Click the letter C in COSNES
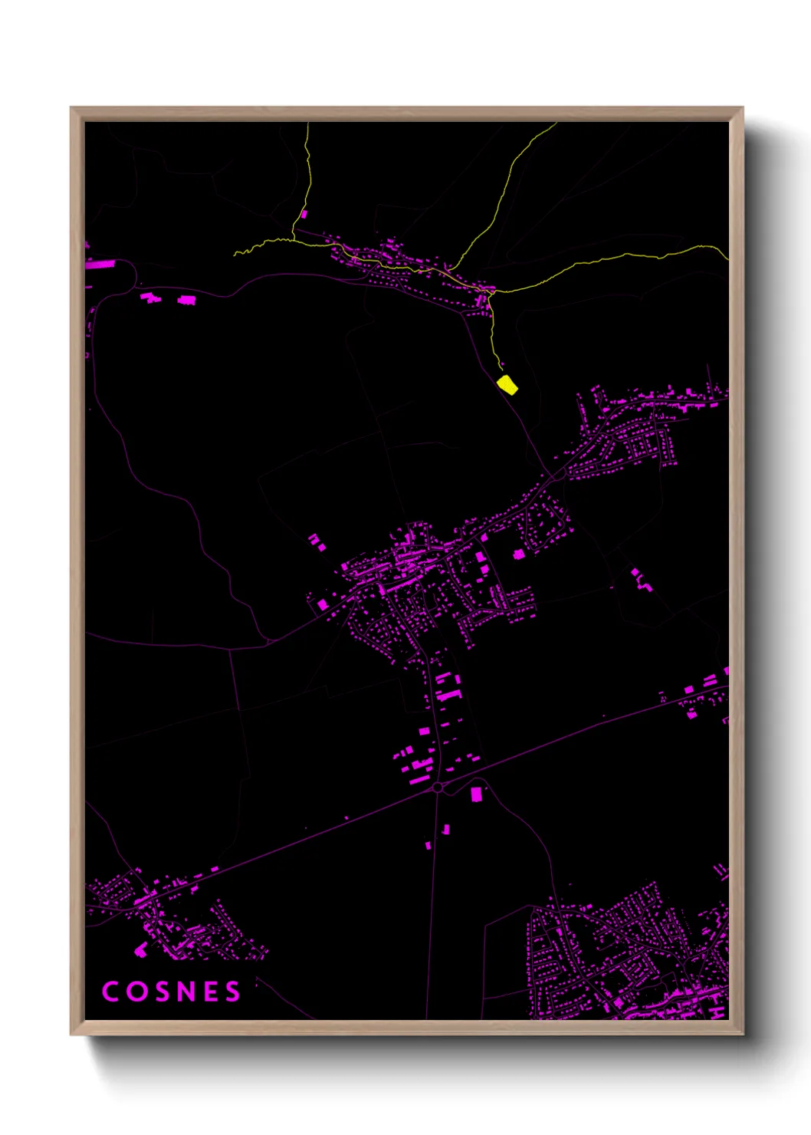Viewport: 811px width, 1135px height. pos(110,992)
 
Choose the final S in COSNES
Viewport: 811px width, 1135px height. pos(232,992)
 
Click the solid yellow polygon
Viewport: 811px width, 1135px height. pos(507,384)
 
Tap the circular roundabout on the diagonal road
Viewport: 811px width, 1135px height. pos(438,788)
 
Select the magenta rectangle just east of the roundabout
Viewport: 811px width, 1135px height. pos(476,793)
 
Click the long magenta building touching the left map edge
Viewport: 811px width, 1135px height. pos(100,264)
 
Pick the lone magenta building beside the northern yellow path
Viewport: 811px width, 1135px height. pos(304,214)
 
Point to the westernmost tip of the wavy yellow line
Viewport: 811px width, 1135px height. pos(235,254)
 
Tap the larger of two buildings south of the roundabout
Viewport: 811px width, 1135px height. pos(445,829)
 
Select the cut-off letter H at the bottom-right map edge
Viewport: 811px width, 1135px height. pos(717,1012)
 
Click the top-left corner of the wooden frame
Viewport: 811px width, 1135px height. pos(71,108)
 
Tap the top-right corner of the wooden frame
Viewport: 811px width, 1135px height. pos(743,108)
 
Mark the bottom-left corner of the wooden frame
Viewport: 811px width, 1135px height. pos(71,1035)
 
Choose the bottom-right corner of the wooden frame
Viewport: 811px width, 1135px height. pos(743,1035)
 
